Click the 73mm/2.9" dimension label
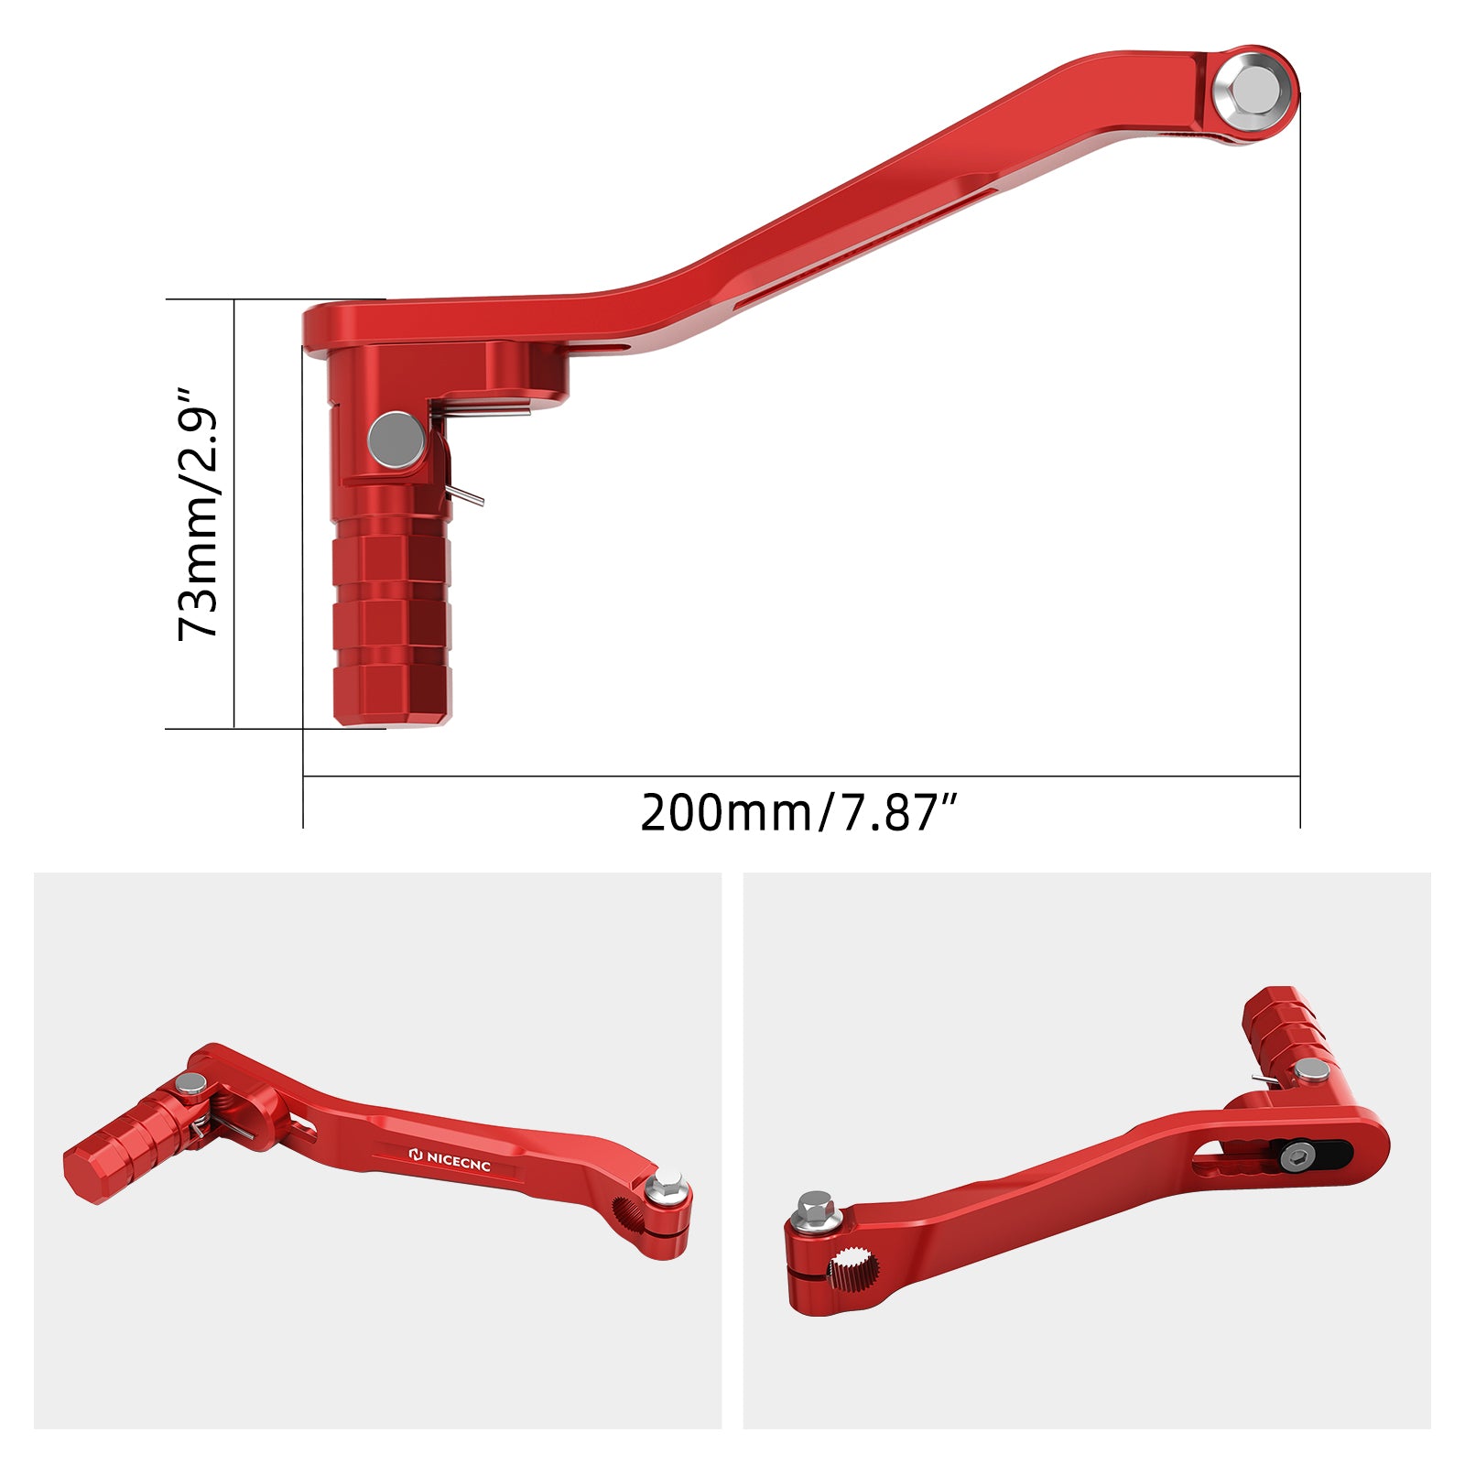[199, 514]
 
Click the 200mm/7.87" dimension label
[798, 812]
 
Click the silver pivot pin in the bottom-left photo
[192, 1084]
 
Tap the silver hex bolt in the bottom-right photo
[814, 1208]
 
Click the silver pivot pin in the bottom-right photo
[1311, 1070]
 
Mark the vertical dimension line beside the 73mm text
[235, 514]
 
